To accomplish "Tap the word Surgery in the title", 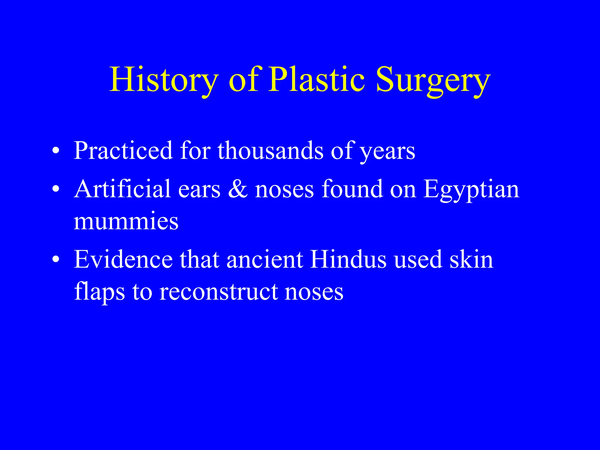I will click(433, 81).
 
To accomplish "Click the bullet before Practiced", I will click(56, 151).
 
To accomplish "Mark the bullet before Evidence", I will click(56, 260).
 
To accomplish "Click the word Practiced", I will click(123, 151).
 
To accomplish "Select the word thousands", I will click(270, 151).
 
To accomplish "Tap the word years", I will click(387, 152).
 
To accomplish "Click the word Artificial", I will click(122, 189).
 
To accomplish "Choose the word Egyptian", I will click(471, 190).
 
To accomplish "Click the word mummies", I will click(126, 221).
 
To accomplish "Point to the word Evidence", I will click(123, 259).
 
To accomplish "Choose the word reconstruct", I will click(218, 292).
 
